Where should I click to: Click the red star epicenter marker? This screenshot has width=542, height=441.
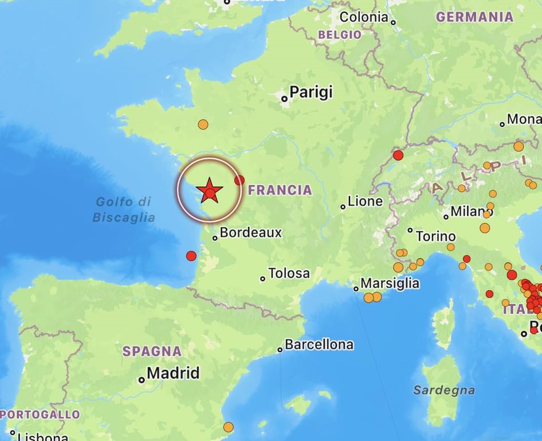(x=209, y=189)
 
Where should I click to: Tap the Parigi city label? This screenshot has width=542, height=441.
(x=311, y=92)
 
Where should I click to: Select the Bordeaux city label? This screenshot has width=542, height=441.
(x=250, y=233)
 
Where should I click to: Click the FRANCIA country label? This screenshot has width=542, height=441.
(x=280, y=190)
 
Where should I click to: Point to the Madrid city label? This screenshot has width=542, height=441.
(x=173, y=373)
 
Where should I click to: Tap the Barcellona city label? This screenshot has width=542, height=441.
(x=319, y=345)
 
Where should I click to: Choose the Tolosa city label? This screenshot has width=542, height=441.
(x=289, y=274)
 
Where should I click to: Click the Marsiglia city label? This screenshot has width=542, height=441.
(x=390, y=283)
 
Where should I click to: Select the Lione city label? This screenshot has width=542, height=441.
(x=365, y=201)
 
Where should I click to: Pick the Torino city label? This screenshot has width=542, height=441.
(x=435, y=236)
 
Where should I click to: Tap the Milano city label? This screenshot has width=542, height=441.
(x=472, y=211)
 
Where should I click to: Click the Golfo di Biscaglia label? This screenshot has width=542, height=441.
(x=123, y=209)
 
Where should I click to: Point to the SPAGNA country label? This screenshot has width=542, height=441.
(x=152, y=351)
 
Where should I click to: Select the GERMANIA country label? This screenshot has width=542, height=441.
(x=474, y=17)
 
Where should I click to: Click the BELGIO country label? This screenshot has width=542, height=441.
(x=340, y=34)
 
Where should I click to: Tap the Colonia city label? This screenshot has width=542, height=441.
(x=364, y=17)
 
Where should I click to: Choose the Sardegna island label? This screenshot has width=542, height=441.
(x=444, y=391)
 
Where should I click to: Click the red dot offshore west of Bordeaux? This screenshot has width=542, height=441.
(x=191, y=256)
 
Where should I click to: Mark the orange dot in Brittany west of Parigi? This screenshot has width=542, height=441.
(x=203, y=124)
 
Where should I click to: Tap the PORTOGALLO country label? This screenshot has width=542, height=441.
(x=40, y=414)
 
